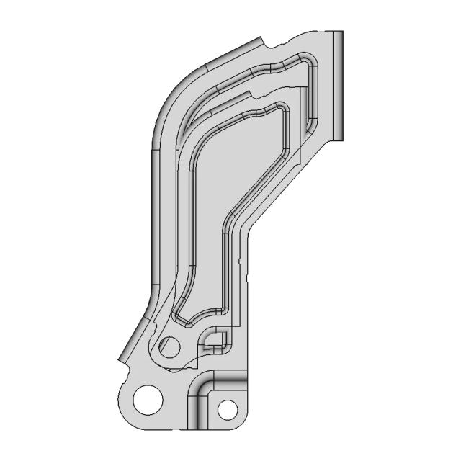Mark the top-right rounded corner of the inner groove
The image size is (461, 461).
(285, 108)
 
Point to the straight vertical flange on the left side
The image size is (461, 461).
(156, 216)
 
